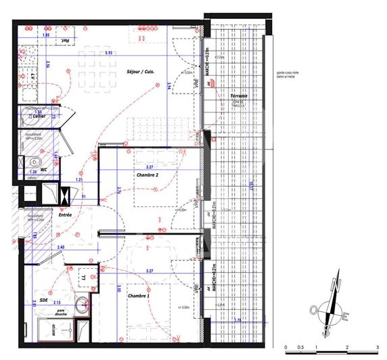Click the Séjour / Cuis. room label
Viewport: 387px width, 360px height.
pos(140,72)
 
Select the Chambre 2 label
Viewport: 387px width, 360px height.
pos(147,175)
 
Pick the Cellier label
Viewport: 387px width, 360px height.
pos(41,116)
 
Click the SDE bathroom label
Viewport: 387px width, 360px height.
pos(43,300)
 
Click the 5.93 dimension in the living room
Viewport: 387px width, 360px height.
pos(108,52)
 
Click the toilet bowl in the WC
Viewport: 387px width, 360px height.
pos(33,162)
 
